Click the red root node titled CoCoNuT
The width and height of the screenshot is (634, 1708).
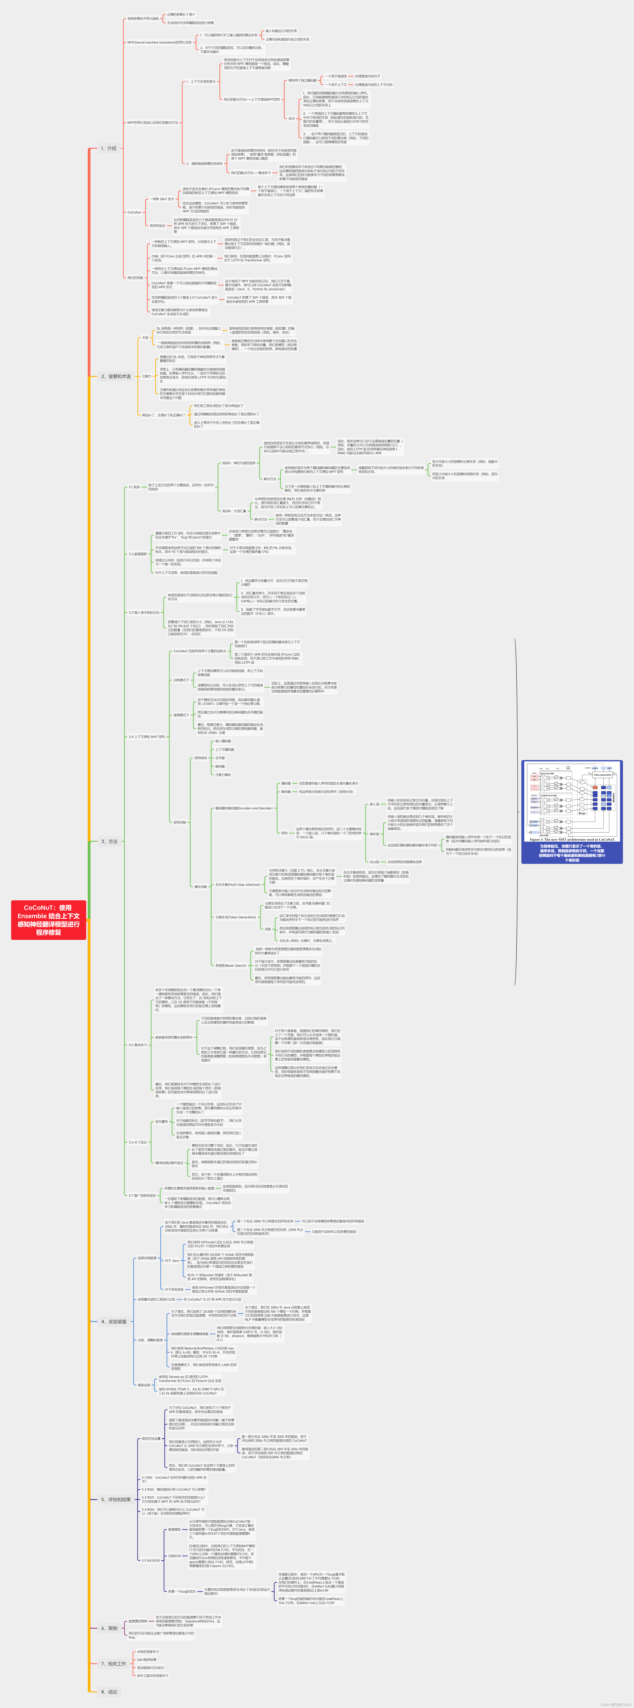click(48, 920)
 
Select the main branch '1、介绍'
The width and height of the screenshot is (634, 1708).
click(108, 148)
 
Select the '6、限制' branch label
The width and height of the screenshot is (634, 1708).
click(109, 1628)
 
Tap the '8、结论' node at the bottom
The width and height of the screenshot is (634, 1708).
click(109, 1691)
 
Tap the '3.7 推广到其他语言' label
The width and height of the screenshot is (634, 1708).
click(142, 1195)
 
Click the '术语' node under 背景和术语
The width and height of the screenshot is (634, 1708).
click(145, 337)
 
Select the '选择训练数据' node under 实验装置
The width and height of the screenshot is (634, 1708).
click(146, 1258)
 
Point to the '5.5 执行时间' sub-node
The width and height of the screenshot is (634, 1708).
click(151, 1560)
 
